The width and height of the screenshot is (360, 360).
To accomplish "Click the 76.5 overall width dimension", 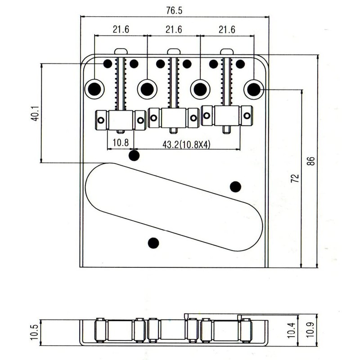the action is click(x=174, y=10).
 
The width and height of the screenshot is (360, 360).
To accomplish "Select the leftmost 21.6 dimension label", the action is click(x=121, y=29).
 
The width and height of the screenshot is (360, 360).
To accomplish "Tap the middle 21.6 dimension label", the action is click(x=174, y=29).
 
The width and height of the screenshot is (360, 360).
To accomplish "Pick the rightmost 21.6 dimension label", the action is click(x=227, y=29).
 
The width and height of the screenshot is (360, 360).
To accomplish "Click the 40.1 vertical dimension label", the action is click(x=35, y=113).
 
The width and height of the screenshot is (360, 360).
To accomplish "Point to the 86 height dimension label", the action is click(x=310, y=161).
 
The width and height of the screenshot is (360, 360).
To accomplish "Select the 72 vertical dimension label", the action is click(x=295, y=178).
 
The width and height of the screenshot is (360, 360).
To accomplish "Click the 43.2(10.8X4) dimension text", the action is click(x=186, y=144).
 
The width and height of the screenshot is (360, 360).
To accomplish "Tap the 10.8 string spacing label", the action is click(x=121, y=143).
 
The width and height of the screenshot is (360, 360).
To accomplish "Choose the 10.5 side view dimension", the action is click(x=35, y=332).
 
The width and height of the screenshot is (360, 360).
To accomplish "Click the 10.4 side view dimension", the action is click(x=291, y=330).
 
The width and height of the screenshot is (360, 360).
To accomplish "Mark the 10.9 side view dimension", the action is click(x=310, y=329).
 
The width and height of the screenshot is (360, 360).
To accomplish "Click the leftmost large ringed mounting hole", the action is click(x=94, y=89).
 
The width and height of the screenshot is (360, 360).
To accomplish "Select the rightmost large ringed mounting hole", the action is click(x=254, y=89).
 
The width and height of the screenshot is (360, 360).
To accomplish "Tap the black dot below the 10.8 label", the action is click(x=134, y=156).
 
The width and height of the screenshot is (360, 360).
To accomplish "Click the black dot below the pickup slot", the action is click(x=153, y=243).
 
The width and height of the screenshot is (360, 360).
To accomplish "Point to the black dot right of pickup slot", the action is click(x=235, y=187).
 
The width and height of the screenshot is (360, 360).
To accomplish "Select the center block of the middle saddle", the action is click(x=174, y=118).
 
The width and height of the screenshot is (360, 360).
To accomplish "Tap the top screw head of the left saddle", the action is click(x=121, y=51).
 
